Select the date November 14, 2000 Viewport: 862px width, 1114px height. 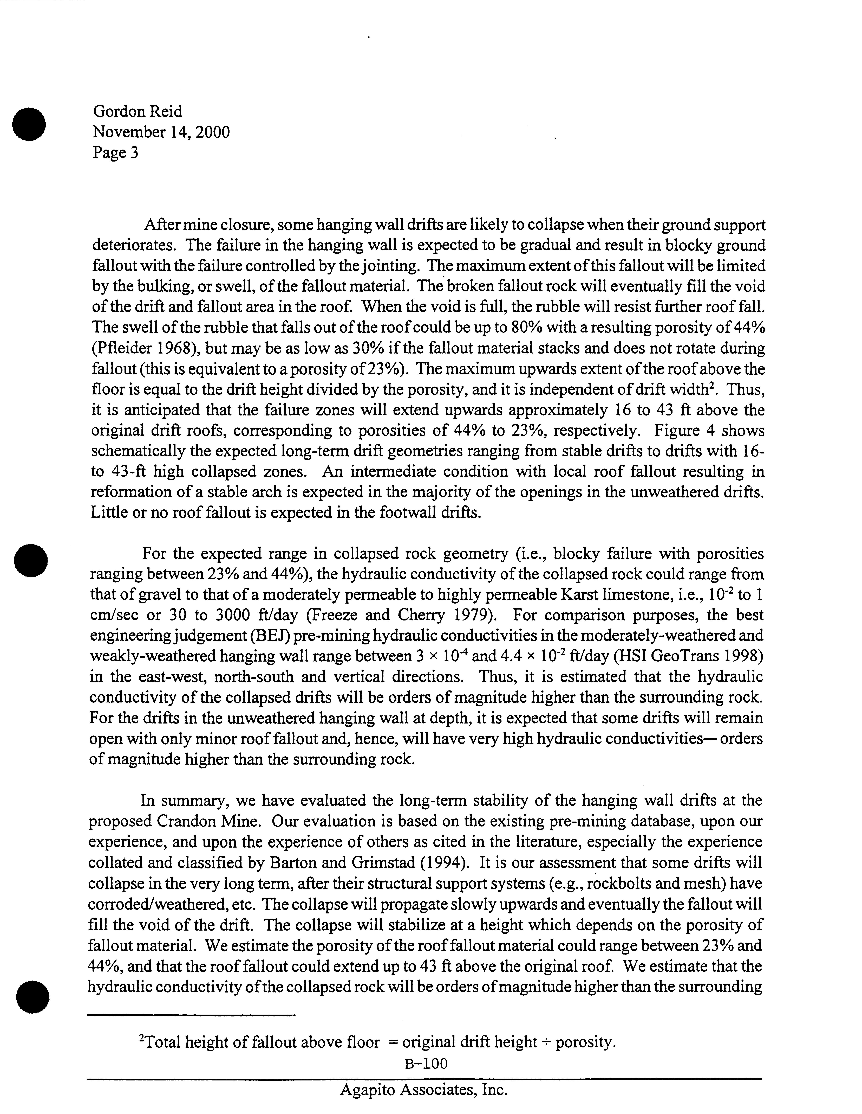(x=161, y=132)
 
